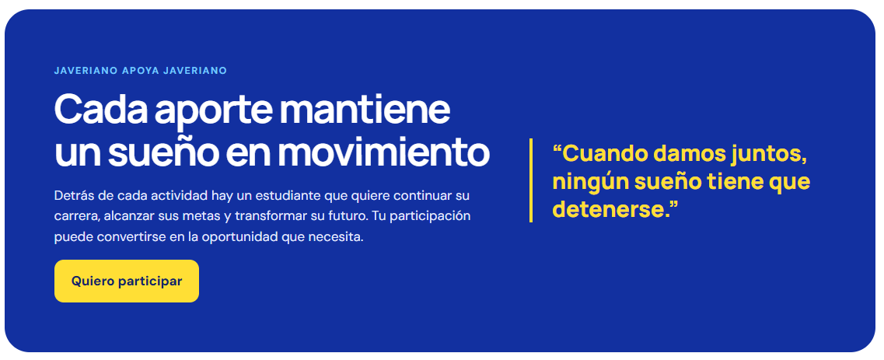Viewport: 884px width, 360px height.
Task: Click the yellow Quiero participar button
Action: pos(126,281)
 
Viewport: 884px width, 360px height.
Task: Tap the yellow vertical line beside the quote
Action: pos(531,180)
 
